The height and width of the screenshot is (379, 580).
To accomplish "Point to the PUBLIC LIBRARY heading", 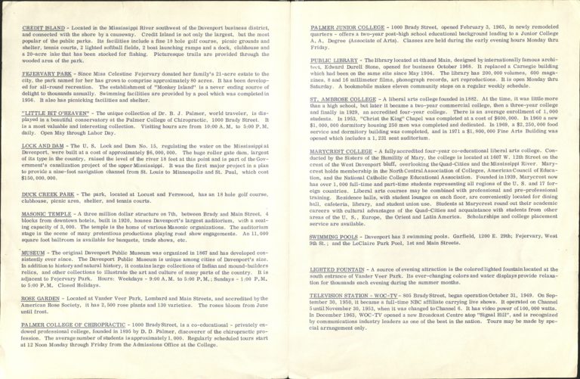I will point(333,57).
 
